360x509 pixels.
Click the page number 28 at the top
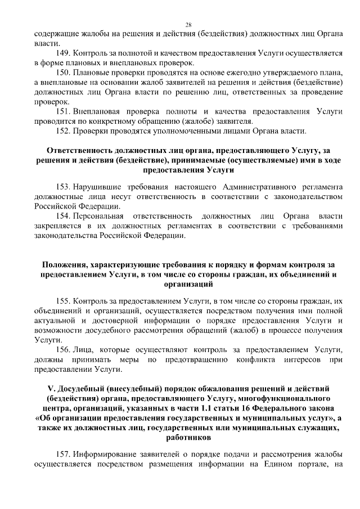pyautogui.click(x=188, y=24)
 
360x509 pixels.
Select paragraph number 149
pyautogui.click(x=64, y=52)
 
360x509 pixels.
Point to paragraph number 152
pyautogui.click(x=64, y=132)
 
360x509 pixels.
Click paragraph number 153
pyautogui.click(x=64, y=186)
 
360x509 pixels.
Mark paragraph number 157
pyautogui.click(x=64, y=454)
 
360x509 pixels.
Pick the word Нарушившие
pyautogui.click(x=99, y=186)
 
